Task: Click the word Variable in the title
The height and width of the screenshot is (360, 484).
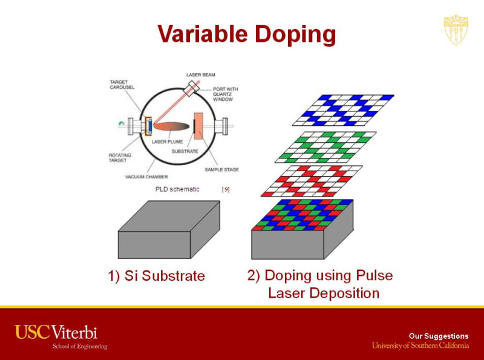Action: coord(203,34)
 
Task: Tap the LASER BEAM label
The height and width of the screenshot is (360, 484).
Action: coord(201,74)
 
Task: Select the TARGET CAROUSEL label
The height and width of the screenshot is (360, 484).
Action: coord(122,85)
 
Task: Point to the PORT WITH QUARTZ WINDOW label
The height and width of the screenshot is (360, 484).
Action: coord(225,94)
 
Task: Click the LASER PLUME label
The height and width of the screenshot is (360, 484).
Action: coord(168,142)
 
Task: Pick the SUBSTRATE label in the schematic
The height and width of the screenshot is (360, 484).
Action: coord(185,151)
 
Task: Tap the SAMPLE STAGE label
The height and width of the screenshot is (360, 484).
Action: coord(221,169)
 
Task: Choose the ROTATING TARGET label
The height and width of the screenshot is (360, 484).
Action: coord(120,158)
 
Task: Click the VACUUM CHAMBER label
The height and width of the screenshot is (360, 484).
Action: coord(146,177)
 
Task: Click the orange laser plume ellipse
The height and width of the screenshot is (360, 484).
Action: coord(172,126)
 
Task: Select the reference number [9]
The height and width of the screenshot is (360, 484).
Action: coord(226,189)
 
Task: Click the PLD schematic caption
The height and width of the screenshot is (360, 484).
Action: coord(177,189)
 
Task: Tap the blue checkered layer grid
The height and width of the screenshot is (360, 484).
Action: coord(343,110)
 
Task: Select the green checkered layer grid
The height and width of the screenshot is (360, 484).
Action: coord(325,147)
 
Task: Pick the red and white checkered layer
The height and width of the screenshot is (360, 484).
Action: coord(312,181)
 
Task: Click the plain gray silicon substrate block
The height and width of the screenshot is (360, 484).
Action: coord(169,229)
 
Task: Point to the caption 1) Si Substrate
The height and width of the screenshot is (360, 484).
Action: coord(157,276)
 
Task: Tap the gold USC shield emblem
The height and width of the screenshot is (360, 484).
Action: coord(456,30)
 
